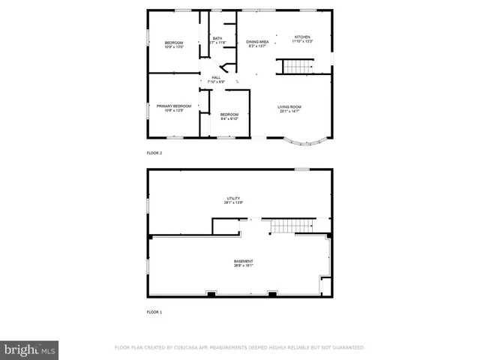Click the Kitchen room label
(302, 37)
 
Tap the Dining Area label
(258, 42)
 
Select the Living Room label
(289, 107)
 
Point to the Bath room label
(217, 38)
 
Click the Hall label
(216, 77)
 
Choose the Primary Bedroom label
(174, 106)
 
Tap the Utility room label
(233, 199)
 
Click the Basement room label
(243, 261)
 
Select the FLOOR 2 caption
(154, 152)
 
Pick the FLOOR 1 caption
(154, 311)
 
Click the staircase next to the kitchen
(298, 67)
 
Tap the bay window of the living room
(306, 139)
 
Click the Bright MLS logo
(30, 349)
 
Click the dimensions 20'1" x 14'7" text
(289, 111)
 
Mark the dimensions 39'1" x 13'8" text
(233, 203)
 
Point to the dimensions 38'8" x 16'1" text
(243, 265)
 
